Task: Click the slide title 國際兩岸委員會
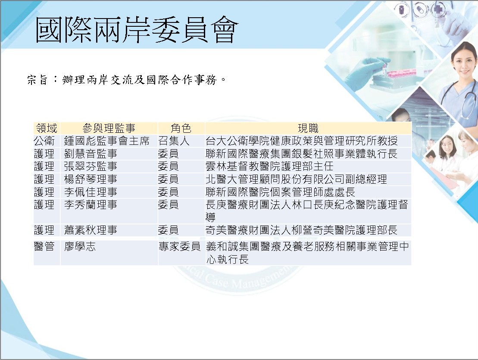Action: point(136,30)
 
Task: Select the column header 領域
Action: point(47,128)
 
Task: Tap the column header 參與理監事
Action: point(109,128)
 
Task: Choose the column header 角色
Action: point(181,128)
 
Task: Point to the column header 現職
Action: point(308,128)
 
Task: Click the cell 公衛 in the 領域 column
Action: point(44,141)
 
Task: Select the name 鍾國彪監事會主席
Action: point(107,141)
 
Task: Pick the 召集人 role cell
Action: point(174,141)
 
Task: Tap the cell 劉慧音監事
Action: point(91,153)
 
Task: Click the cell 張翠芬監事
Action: point(91,166)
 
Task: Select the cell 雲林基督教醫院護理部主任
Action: point(269,166)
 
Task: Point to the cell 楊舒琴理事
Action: point(91,179)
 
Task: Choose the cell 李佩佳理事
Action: point(91,192)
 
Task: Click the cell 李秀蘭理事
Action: point(91,204)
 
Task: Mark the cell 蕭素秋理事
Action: point(91,230)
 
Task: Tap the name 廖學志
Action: point(80,246)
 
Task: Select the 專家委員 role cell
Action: point(180,246)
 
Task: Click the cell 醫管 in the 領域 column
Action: point(44,246)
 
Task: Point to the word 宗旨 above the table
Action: point(37,80)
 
